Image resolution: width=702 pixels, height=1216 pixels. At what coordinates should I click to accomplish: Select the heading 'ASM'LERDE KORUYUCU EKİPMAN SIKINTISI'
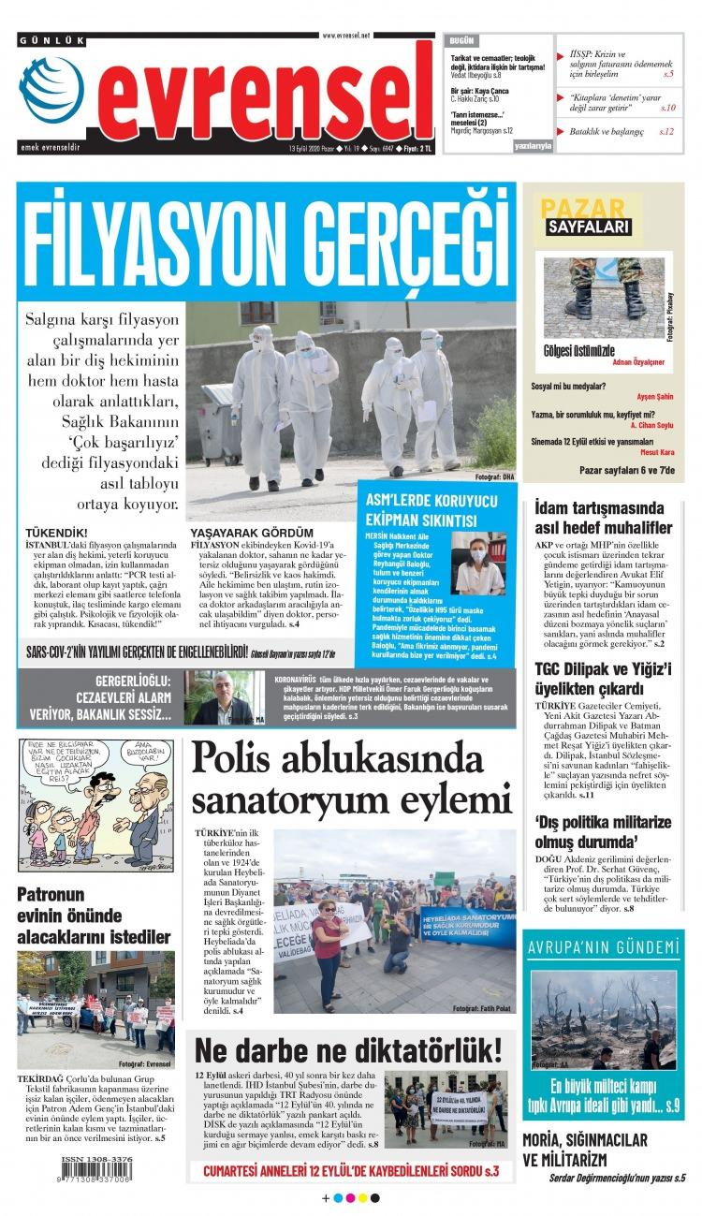click(x=422, y=510)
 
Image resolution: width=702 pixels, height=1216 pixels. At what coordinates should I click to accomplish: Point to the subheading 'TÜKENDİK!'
click(x=57, y=532)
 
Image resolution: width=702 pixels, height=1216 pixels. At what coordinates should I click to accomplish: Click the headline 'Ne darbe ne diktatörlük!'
click(x=347, y=1048)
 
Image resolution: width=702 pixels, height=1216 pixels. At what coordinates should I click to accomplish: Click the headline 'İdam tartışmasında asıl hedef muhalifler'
click(x=603, y=518)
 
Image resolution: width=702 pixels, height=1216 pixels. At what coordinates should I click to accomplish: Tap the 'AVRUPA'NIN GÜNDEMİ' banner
click(x=603, y=946)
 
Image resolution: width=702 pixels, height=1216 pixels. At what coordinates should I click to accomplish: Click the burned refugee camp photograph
click(x=603, y=1018)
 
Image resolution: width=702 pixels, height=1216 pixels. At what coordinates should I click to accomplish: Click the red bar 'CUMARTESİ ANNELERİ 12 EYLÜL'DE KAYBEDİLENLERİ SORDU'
click(x=351, y=1170)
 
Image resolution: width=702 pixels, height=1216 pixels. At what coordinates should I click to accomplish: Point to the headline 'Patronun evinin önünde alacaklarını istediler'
click(x=94, y=916)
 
